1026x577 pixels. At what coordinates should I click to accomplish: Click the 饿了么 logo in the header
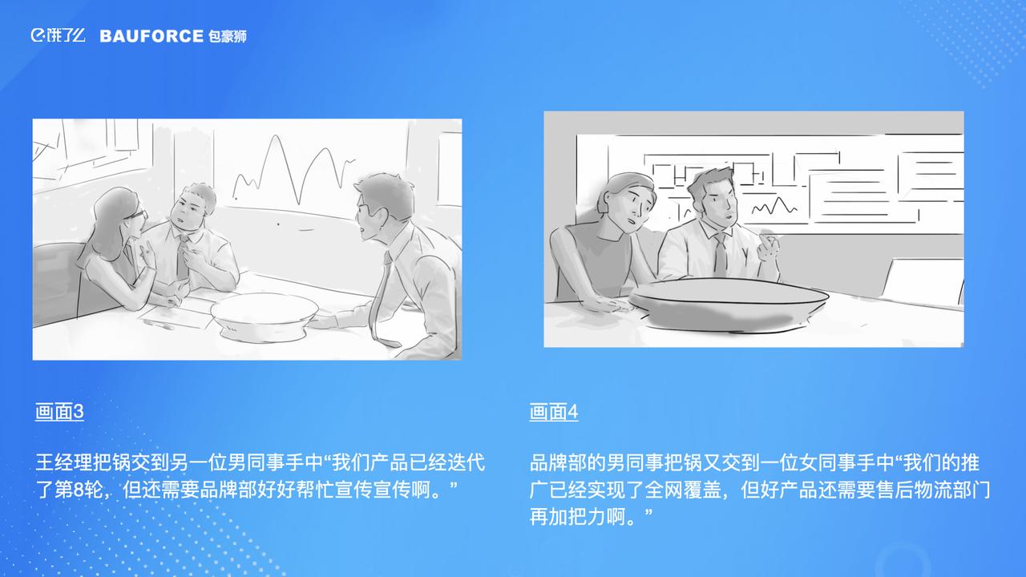[59, 35]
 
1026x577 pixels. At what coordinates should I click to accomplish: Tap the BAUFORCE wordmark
[151, 36]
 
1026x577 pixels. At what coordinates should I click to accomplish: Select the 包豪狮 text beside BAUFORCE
[228, 36]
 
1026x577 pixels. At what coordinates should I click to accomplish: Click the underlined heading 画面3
[59, 412]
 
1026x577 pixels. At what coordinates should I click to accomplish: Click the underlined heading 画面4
[554, 412]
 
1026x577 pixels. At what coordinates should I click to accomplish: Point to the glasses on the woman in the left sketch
[138, 215]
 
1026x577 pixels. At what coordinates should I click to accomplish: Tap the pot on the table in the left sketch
[265, 316]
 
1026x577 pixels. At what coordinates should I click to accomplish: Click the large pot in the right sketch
[729, 303]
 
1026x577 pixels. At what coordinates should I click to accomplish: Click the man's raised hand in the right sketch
[768, 248]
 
